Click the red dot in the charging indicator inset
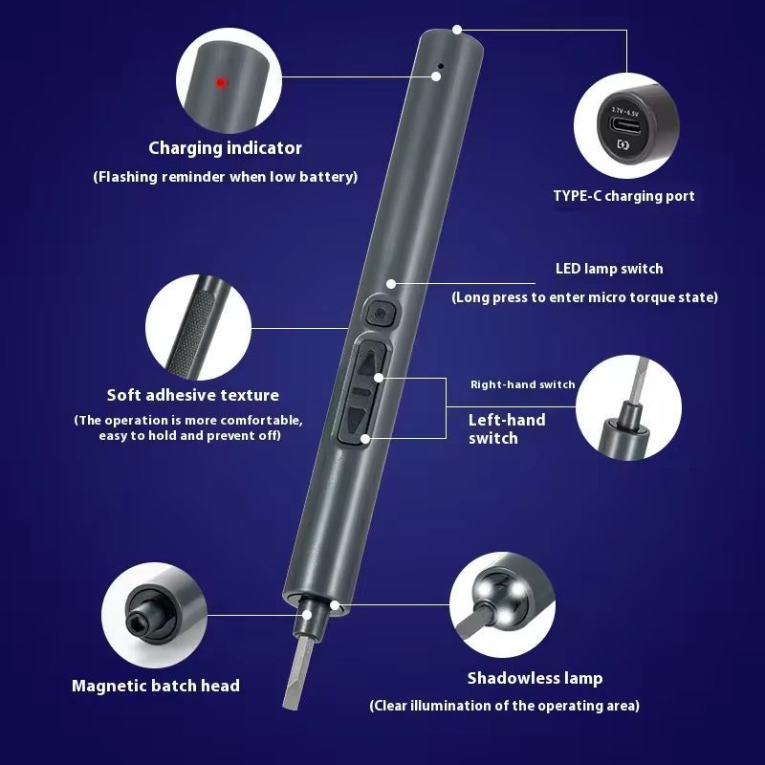click(221, 83)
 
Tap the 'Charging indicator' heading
click(225, 148)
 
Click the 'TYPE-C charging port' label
click(623, 196)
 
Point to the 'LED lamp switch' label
click(609, 269)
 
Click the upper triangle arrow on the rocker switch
click(369, 362)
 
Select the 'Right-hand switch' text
click(522, 384)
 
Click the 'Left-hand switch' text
click(507, 428)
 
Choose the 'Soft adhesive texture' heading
click(193, 395)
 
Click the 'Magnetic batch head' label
click(156, 686)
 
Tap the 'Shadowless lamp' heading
click(535, 678)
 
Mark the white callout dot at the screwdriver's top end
click(457, 30)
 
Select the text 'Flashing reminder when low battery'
click(226, 177)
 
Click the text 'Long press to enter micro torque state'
click(585, 297)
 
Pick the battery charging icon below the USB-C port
click(623, 144)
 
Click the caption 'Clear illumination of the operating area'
click(505, 706)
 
